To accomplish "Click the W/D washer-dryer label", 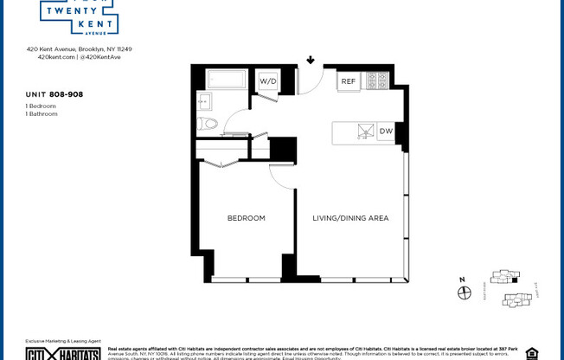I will tap(268, 80).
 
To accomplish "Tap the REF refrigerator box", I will tap(349, 80).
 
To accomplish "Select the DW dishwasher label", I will tap(386, 132).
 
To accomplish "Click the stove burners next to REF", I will tap(377, 80).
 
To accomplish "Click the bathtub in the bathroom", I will tap(227, 80).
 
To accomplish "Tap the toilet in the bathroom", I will tap(208, 124).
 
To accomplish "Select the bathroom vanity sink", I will tap(203, 102).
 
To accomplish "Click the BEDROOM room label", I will tap(247, 218).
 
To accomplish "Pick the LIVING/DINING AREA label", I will tap(350, 218).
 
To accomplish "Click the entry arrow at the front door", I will tap(311, 61).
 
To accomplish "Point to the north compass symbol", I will tap(464, 292).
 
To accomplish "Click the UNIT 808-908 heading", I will tap(54, 93).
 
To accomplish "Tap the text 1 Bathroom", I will tap(42, 113).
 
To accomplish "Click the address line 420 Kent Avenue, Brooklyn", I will tap(79, 49).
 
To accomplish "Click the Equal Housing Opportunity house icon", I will tap(531, 353).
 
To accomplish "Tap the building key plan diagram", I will tap(510, 289).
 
